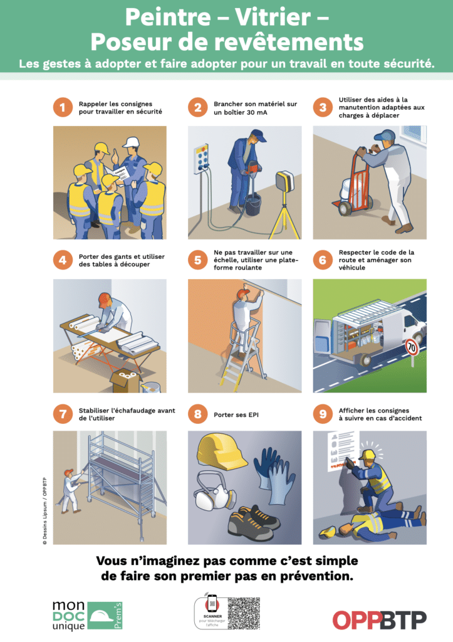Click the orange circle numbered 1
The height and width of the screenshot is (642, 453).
pyautogui.click(x=62, y=107)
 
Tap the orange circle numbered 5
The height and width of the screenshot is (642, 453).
pyautogui.click(x=197, y=260)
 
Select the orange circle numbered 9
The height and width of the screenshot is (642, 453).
pyautogui.click(x=323, y=414)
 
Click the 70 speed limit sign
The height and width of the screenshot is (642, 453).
pyautogui.click(x=411, y=345)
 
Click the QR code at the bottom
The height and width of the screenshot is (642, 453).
pyautogui.click(x=244, y=613)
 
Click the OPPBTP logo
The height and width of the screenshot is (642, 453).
pyautogui.click(x=379, y=619)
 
